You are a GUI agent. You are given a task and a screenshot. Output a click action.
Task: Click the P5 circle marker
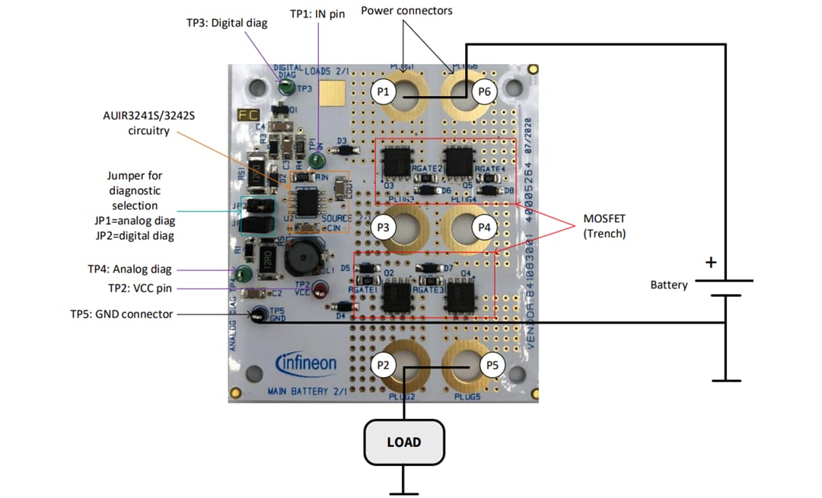pos(492,366)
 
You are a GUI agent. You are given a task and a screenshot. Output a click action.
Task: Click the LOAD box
pos(403,442)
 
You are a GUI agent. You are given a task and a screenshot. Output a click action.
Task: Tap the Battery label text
pos(668,285)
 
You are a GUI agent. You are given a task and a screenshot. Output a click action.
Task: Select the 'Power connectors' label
pos(406,11)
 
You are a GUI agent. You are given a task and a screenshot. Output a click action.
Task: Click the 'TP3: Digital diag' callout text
pos(227,23)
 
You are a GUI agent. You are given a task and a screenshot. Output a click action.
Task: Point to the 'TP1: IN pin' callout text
pos(317,14)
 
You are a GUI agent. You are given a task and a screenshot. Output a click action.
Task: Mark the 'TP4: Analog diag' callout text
pos(129,269)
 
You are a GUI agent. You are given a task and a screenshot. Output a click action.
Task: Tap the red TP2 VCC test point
pos(321,289)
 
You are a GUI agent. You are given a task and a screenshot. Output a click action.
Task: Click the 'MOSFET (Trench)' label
pos(604,225)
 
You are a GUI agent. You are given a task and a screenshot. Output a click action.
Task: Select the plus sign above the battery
pos(711,263)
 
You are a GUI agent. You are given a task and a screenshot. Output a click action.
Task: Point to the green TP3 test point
pos(286,88)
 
